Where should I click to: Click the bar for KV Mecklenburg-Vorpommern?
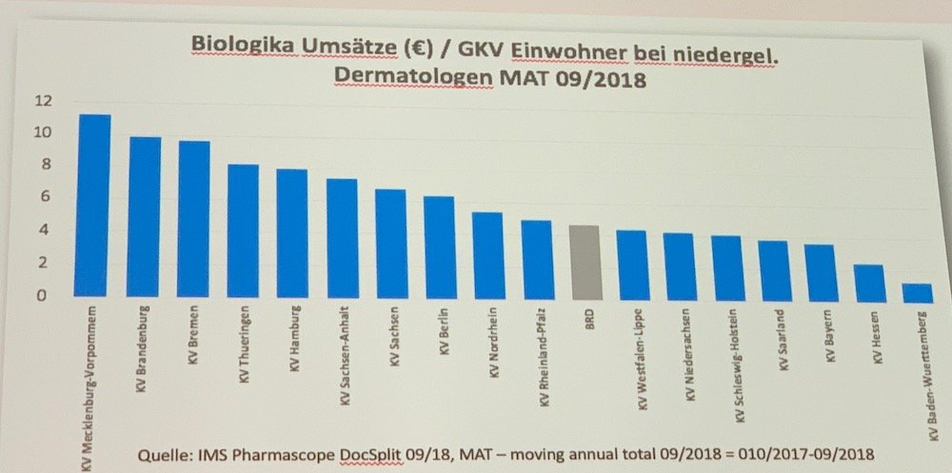tap(94, 204)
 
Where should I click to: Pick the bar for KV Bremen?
tap(194, 218)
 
